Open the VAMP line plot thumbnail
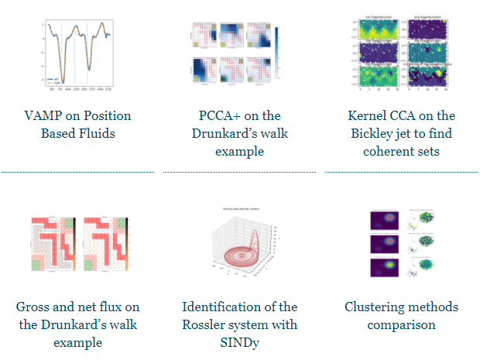coord(77,53)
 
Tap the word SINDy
coord(239,342)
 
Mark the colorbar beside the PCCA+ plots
coord(278,54)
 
